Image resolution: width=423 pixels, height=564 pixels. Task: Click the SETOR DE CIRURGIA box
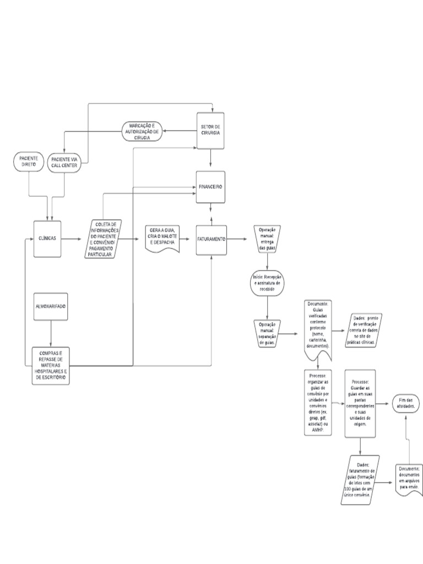(x=211, y=131)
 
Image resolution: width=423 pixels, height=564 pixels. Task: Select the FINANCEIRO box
(x=211, y=187)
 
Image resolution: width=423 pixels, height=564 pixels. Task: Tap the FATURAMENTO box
(x=211, y=240)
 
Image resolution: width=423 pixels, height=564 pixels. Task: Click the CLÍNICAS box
(x=47, y=239)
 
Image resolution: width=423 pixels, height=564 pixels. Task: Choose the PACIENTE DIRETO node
(x=28, y=162)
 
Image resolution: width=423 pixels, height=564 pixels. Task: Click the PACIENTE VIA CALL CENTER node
(x=64, y=163)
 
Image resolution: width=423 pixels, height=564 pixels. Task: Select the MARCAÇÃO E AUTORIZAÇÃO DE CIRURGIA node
(x=142, y=131)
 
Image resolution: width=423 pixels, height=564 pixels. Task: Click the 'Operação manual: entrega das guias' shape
(x=267, y=238)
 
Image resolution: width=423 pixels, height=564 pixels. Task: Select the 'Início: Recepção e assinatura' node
(x=267, y=283)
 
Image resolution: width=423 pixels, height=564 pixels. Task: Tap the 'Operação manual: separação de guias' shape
(x=267, y=333)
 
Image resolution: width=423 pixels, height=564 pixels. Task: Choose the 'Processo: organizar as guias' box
(x=318, y=403)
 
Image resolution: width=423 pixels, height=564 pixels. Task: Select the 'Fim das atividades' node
(x=406, y=403)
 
